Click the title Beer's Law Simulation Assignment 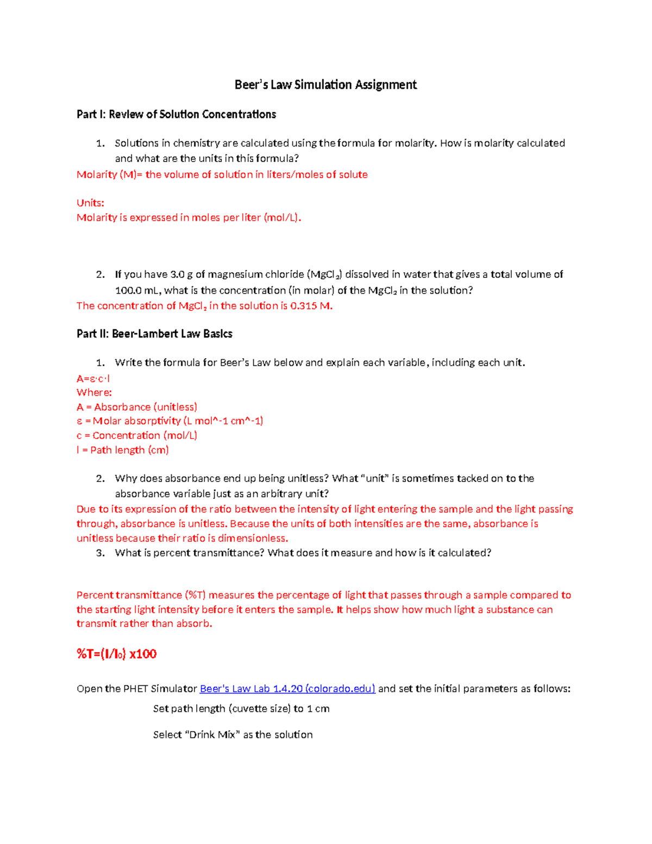(x=325, y=85)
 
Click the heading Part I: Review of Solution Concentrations (x=176, y=114)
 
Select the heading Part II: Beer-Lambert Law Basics (x=154, y=334)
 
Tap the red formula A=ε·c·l (x=93, y=378)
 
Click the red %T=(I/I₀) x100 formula (x=116, y=654)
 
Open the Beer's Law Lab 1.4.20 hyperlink (x=287, y=689)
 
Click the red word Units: (x=90, y=203)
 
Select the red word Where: (x=94, y=392)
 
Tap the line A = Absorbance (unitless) (x=136, y=407)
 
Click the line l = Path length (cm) (x=122, y=450)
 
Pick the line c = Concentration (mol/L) (x=136, y=435)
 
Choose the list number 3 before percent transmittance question (x=100, y=553)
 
